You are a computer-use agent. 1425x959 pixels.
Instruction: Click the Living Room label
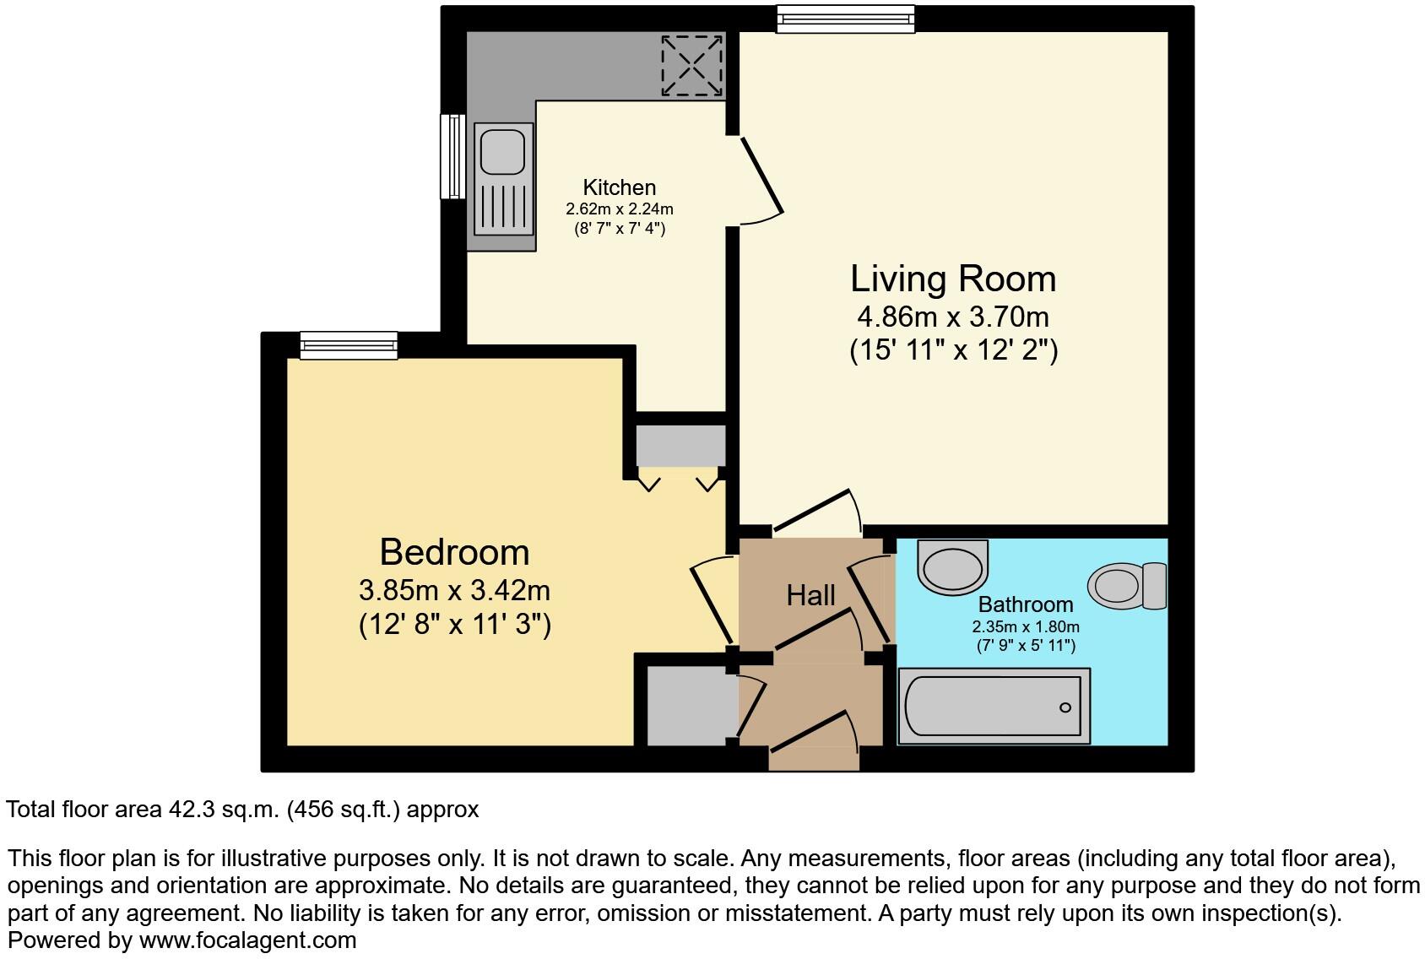click(952, 279)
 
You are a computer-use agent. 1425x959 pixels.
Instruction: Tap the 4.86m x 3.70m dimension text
click(952, 317)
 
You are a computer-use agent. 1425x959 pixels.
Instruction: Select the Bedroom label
click(454, 552)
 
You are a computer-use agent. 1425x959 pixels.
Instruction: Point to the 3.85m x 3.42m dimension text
click(454, 589)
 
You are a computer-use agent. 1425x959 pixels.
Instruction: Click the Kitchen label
click(619, 187)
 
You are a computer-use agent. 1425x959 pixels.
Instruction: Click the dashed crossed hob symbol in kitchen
click(691, 65)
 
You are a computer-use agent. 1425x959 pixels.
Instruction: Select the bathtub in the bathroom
click(993, 707)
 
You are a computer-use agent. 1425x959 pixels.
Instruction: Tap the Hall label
click(810, 596)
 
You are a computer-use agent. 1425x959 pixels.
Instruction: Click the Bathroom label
click(1026, 604)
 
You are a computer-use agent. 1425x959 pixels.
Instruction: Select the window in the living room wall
click(845, 19)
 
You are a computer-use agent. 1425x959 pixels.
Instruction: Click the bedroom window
click(349, 345)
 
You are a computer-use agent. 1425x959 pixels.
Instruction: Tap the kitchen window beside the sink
click(453, 156)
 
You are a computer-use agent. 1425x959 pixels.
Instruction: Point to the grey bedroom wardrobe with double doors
click(680, 445)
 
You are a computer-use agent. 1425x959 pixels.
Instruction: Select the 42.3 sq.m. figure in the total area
click(224, 810)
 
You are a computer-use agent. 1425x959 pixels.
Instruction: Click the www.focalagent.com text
click(247, 940)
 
